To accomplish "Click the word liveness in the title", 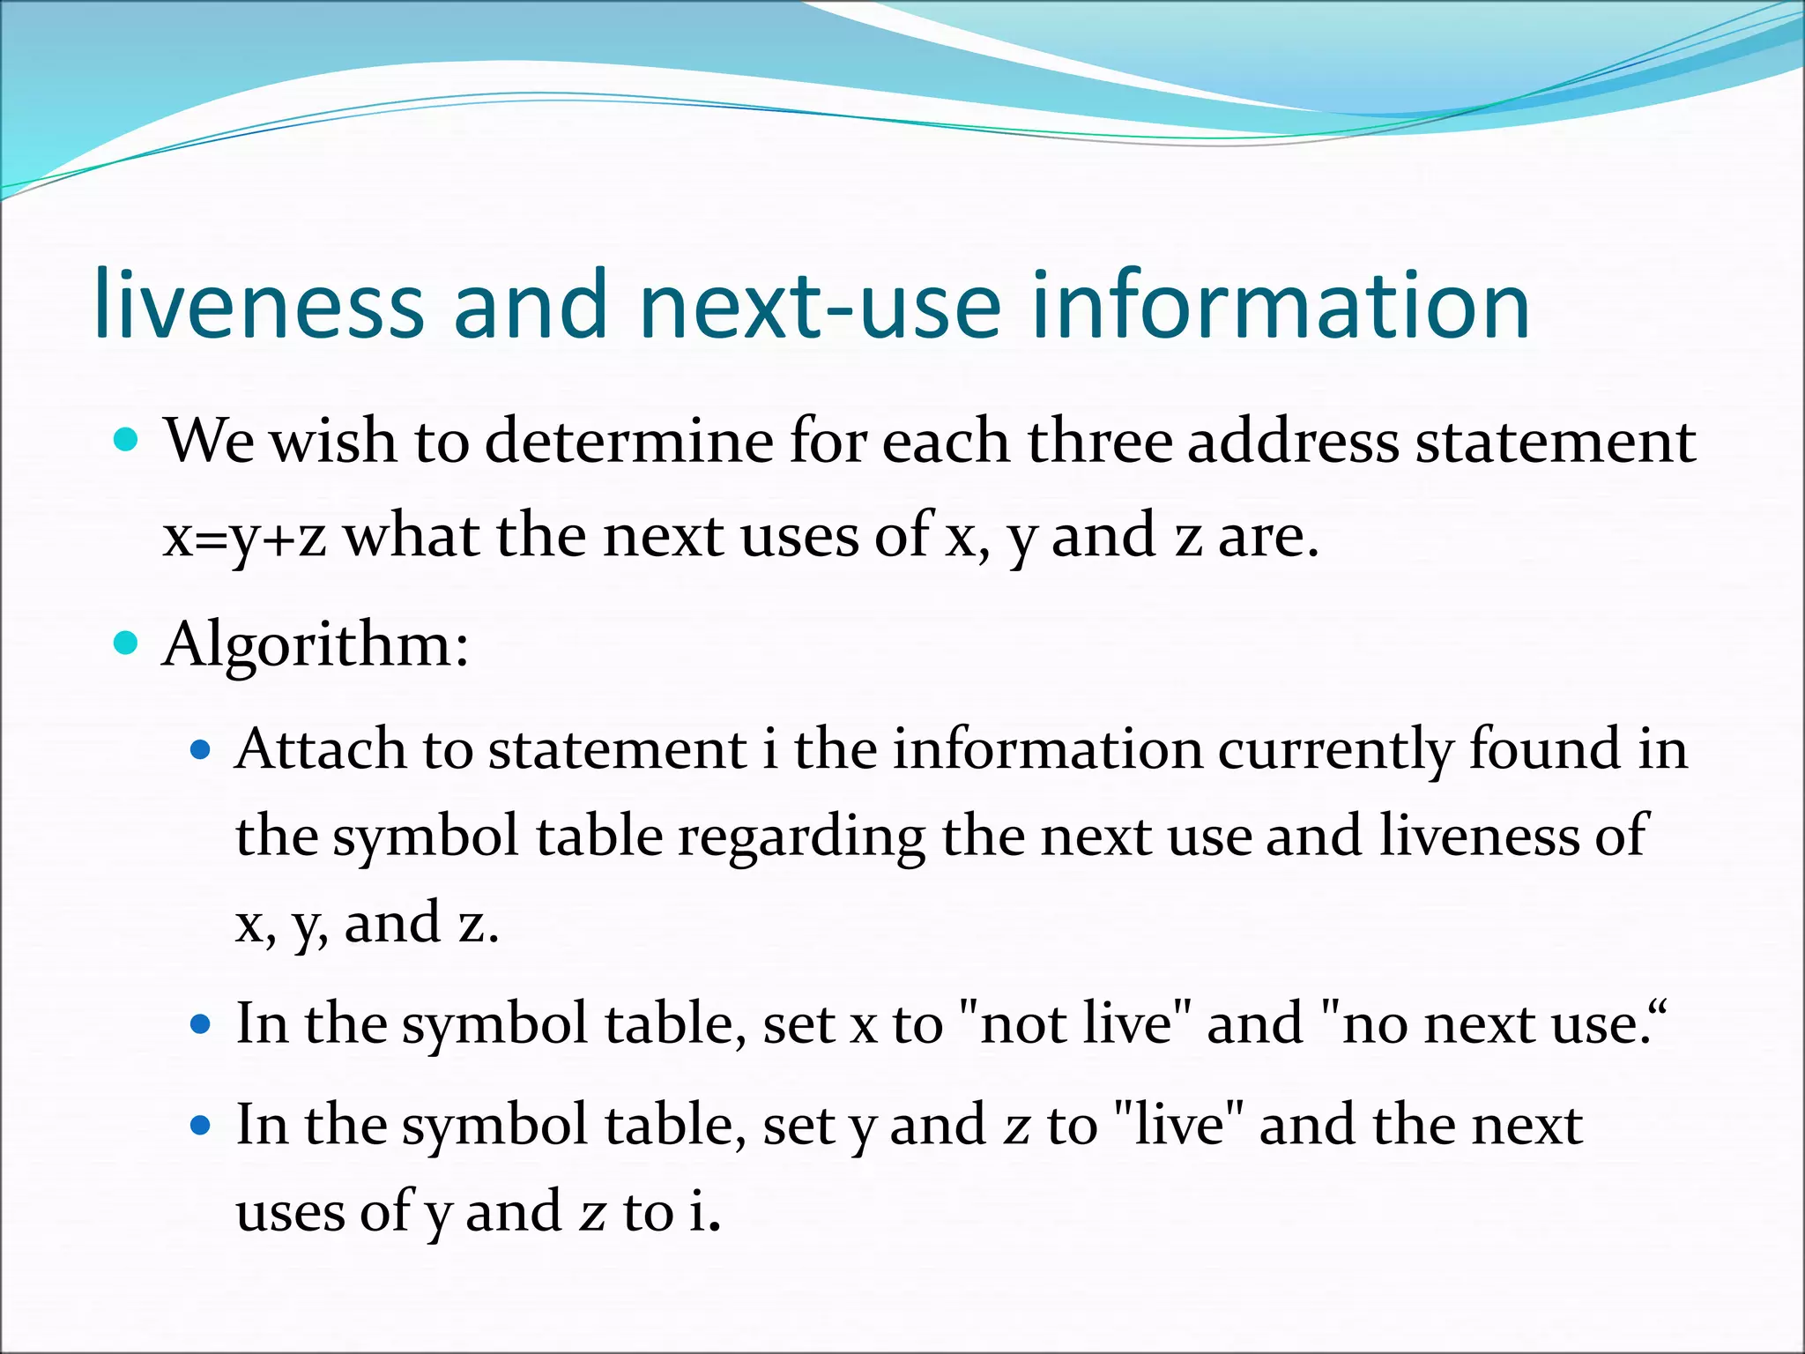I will pyautogui.click(x=259, y=304).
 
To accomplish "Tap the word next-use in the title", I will pyautogui.click(x=821, y=304).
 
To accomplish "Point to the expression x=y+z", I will pyautogui.click(x=244, y=536).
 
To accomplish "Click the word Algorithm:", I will pyautogui.click(x=316, y=644).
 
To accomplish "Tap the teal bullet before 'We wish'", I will pyautogui.click(x=127, y=439).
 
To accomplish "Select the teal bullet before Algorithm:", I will pyautogui.click(x=127, y=644).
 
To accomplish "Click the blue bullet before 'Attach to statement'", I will pyautogui.click(x=202, y=749).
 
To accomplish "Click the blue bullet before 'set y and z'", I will pyautogui.click(x=202, y=1125).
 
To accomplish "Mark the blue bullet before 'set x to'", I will pyautogui.click(x=202, y=1024).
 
